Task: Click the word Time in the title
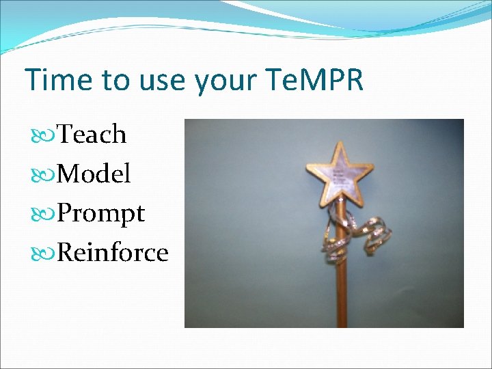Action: [x=53, y=80]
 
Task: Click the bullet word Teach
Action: [x=92, y=135]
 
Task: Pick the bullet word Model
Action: [x=94, y=174]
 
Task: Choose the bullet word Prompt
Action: [x=101, y=214]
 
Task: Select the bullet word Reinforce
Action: [x=113, y=252]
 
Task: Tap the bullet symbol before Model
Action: [x=47, y=174]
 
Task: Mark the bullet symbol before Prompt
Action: [x=47, y=214]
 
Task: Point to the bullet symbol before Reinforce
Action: [x=47, y=253]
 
